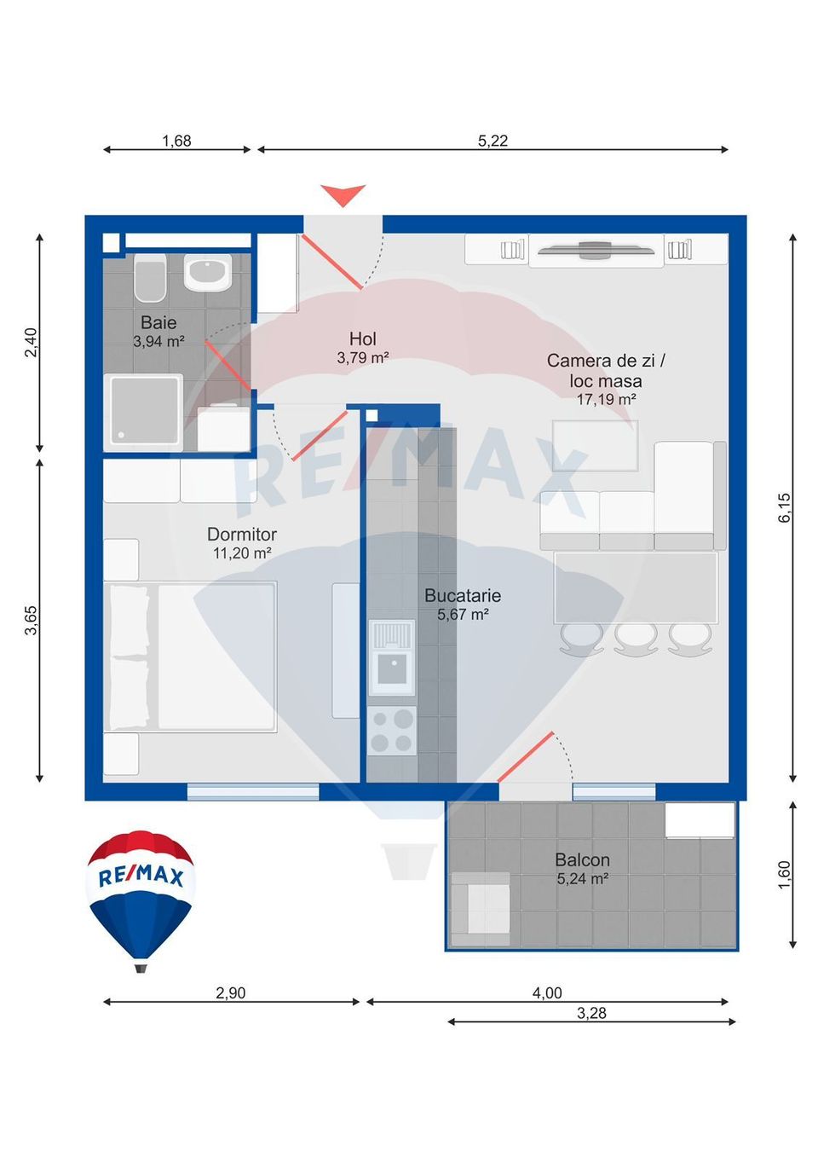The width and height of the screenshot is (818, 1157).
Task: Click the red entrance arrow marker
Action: coord(343,194)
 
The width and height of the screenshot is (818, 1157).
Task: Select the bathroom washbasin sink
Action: coord(208,273)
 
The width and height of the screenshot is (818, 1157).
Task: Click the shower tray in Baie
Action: coord(143,412)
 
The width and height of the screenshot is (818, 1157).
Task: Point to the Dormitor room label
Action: coord(242,535)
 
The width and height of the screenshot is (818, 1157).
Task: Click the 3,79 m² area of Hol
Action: coord(363,358)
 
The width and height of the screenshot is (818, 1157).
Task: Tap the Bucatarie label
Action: coord(463,596)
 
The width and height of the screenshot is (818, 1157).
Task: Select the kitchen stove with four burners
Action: coord(392,731)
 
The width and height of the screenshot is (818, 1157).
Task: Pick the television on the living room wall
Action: coord(596,250)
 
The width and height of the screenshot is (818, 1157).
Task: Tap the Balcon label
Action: coord(582,860)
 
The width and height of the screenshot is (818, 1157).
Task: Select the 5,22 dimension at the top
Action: coord(493,141)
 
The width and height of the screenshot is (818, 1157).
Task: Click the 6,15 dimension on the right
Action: coord(784,508)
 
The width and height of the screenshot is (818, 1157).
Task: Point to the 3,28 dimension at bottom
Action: coord(591,1013)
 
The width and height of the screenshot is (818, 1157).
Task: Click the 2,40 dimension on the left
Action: coord(31,342)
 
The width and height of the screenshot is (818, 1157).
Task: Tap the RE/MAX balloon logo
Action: coord(141,899)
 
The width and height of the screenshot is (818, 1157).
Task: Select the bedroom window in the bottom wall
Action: coord(253,792)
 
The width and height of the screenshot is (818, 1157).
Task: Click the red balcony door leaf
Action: coord(526,756)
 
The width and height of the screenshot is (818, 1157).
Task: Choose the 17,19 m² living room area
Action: coord(606,399)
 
